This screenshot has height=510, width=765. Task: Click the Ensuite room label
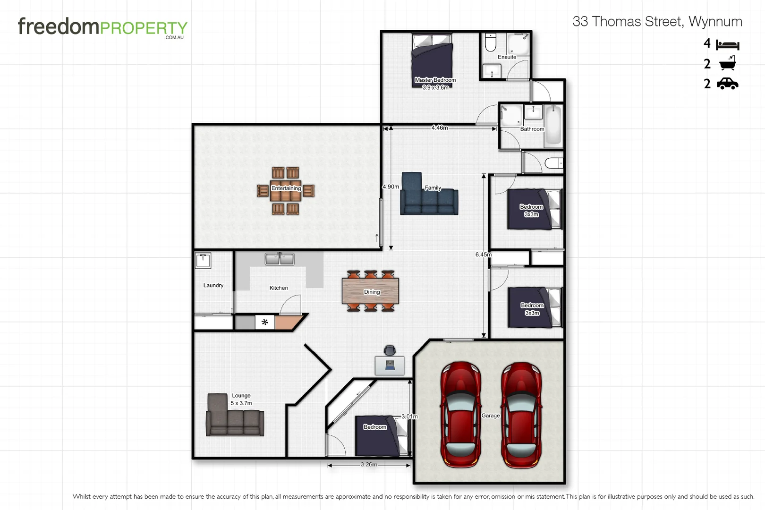507,57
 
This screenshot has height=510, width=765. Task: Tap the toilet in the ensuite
491,42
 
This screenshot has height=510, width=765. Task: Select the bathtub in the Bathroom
553,125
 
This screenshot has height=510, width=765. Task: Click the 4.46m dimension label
439,127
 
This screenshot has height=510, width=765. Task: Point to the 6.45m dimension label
483,255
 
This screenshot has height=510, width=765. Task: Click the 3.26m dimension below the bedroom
369,465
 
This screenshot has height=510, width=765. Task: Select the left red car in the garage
460,415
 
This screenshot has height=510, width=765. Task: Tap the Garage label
490,416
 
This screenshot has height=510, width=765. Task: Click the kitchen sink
280,259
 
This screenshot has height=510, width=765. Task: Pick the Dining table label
372,292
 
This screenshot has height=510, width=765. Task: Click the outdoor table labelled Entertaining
286,190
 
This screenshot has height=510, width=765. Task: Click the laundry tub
203,261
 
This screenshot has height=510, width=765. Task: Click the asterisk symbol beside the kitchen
264,322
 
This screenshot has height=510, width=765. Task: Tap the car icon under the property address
727,84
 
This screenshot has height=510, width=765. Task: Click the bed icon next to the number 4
727,45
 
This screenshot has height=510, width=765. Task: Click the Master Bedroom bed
432,59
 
